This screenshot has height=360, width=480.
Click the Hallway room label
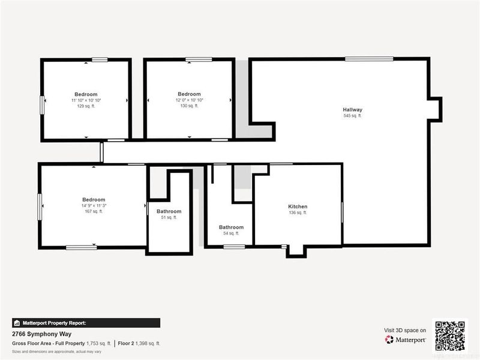click(352, 110)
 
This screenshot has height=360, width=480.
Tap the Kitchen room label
click(298, 206)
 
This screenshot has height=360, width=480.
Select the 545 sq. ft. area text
click(352, 116)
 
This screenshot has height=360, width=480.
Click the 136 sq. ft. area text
click(298, 212)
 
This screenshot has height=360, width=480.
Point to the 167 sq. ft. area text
click(94, 211)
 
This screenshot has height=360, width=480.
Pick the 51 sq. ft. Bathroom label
click(169, 211)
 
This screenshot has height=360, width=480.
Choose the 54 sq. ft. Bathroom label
click(231, 227)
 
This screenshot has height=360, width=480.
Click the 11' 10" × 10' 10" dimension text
click(86, 100)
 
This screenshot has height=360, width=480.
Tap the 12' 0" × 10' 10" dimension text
click(189, 100)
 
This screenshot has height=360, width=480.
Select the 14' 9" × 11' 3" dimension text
click(94, 205)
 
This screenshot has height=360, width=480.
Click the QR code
click(451, 335)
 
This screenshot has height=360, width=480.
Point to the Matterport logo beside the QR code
click(406, 340)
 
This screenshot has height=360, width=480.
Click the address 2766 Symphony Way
click(38, 334)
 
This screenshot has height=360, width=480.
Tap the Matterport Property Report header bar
click(86, 323)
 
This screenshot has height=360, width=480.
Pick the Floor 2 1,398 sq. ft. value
click(139, 344)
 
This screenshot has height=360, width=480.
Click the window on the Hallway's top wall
click(369, 59)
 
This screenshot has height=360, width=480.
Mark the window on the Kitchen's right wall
click(342, 212)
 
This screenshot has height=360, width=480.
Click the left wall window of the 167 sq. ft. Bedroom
click(40, 206)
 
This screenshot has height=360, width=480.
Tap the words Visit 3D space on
click(405, 330)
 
